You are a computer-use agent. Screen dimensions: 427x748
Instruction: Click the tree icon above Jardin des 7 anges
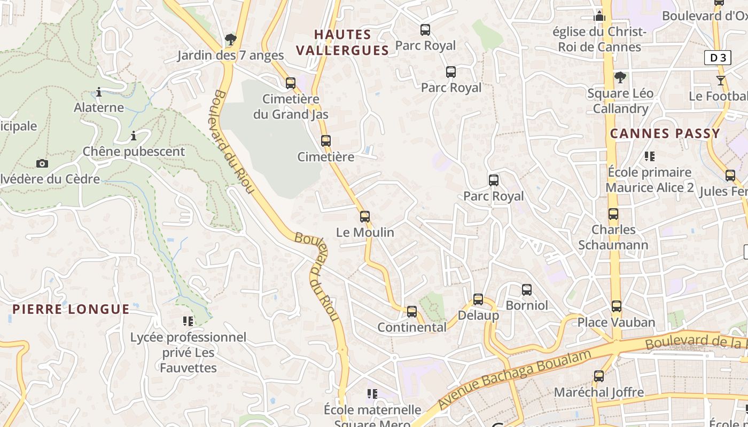coord(231,39)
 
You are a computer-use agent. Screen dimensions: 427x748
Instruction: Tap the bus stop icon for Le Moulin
coord(365,217)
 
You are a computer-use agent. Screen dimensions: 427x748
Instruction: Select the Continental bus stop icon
coord(411,312)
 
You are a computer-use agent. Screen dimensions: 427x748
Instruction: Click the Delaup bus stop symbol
coord(478,299)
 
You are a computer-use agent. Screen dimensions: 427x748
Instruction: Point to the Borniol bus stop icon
coord(527,290)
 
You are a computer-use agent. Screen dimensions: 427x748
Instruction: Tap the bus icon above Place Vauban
coord(617,306)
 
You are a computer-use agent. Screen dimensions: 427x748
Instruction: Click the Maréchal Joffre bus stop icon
coord(599,376)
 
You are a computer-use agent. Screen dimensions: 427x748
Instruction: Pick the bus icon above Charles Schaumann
coord(613,214)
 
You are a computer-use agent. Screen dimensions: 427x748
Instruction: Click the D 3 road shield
coord(718,58)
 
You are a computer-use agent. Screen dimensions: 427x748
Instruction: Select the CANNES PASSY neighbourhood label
coord(665,133)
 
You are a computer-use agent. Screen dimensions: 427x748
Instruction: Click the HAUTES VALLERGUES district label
coord(342,43)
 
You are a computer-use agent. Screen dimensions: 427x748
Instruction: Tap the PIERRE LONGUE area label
coord(71,309)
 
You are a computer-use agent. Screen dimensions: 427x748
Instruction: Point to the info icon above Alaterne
coord(99,92)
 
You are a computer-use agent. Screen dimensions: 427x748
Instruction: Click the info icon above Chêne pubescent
coord(134,136)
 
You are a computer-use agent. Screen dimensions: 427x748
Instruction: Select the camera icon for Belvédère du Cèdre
coord(42,163)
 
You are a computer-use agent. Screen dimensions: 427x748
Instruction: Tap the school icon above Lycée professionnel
coord(188,321)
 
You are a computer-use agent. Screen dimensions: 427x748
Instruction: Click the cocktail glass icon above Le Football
coord(721,81)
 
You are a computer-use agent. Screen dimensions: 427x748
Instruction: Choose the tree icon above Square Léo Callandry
coord(620,77)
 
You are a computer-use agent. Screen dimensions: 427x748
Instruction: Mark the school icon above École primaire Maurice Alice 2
coord(650,156)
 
